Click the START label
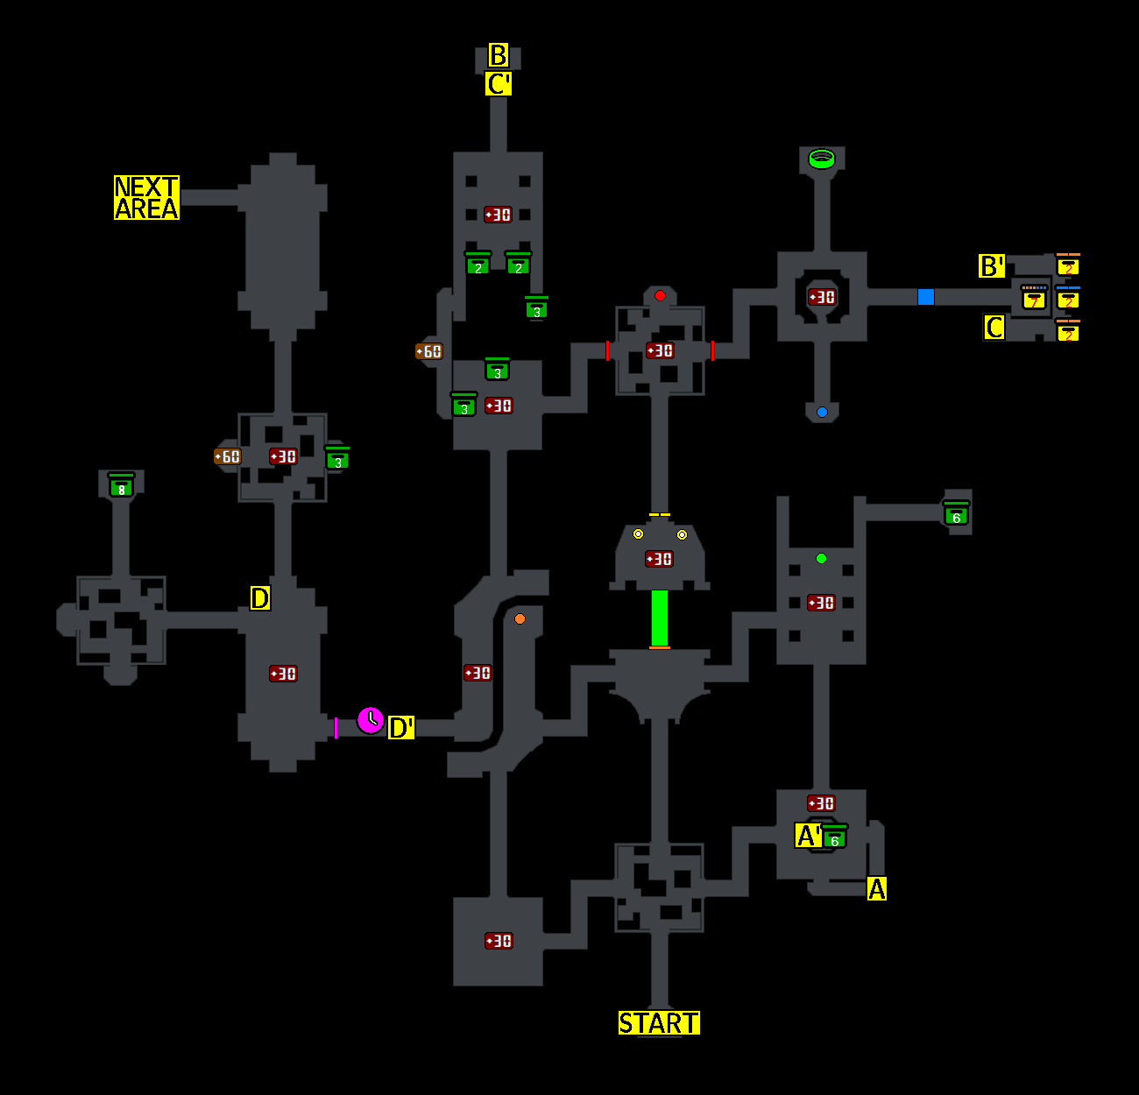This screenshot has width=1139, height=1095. click(x=659, y=1023)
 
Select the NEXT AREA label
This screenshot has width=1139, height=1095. click(x=146, y=198)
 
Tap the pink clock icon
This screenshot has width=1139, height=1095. click(x=371, y=720)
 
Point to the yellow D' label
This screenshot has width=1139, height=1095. click(x=401, y=728)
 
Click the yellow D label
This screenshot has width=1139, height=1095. click(x=260, y=598)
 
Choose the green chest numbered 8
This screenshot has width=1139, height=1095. click(x=121, y=485)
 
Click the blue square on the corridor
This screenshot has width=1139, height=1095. click(x=926, y=297)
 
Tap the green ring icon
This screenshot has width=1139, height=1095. click(x=822, y=159)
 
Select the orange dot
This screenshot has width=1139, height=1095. click(x=520, y=619)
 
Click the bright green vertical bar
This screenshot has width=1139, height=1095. click(x=660, y=618)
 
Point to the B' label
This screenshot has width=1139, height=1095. click(x=992, y=266)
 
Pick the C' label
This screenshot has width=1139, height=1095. click(x=499, y=85)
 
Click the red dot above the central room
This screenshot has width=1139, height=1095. click(x=660, y=296)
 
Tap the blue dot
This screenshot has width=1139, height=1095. click(x=822, y=413)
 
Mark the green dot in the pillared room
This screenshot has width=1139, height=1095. click(x=821, y=559)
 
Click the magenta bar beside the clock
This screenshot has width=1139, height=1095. click(x=336, y=728)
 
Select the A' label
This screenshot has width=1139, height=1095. click(x=809, y=836)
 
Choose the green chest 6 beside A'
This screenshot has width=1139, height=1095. click(x=835, y=837)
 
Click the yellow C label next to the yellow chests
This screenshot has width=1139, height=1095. click(x=994, y=328)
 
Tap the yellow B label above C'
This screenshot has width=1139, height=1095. click(x=499, y=56)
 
